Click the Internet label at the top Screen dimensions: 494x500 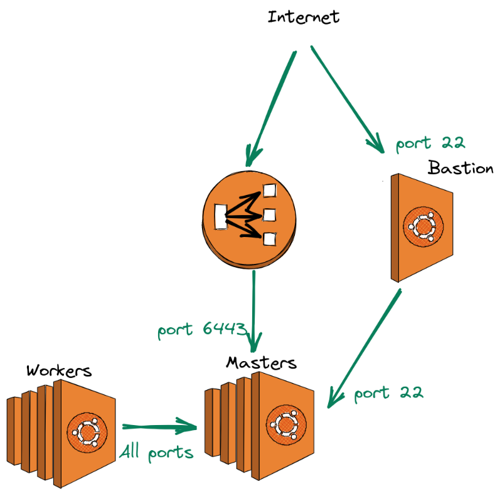304,16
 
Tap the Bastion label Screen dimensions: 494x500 460,168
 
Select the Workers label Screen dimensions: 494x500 58,370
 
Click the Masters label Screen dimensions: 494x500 261,363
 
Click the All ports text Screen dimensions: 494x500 156,452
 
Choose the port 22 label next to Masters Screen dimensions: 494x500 388,393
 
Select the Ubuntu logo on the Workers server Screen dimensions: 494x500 87,431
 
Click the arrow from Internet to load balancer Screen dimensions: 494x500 271,107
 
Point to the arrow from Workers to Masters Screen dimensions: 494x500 160,427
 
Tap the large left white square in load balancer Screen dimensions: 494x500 220,217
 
